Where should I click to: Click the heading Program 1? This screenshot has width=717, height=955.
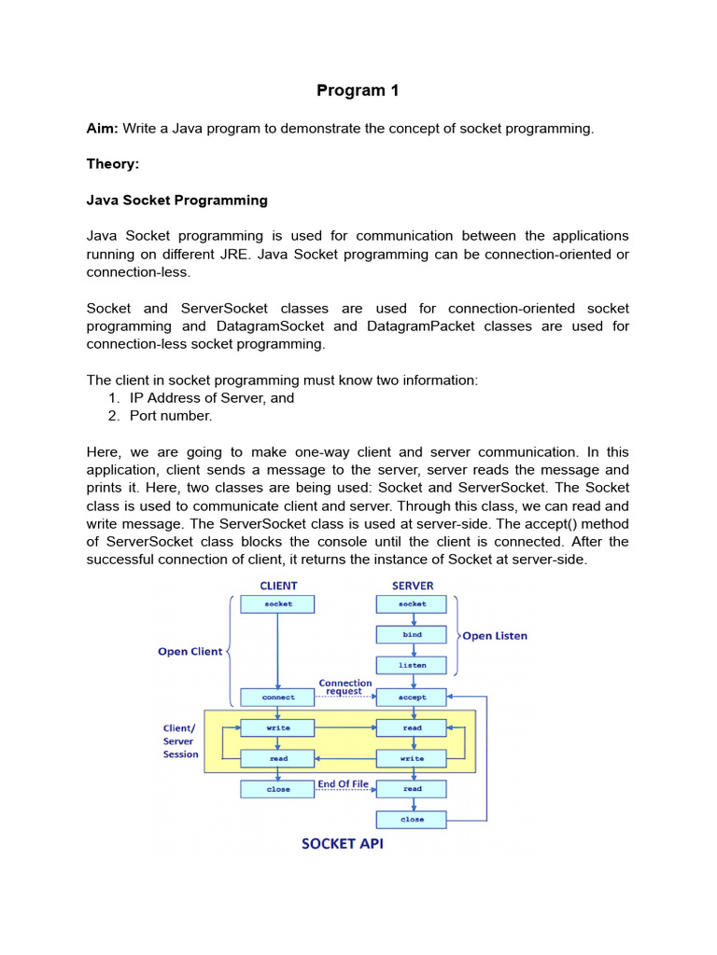351,90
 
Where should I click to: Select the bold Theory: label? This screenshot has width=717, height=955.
112,164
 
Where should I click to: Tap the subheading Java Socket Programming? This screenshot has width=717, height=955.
176,200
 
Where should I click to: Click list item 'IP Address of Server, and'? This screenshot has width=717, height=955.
212,397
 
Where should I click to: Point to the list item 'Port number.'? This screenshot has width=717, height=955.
171,416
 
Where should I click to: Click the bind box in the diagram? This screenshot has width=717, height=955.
412,635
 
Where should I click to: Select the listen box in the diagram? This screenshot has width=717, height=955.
412,666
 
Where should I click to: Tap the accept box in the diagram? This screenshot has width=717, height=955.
412,697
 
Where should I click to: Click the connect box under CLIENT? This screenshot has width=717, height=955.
278,697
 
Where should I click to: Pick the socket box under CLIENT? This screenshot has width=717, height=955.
278,604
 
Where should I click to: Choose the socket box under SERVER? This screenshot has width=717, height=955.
412,604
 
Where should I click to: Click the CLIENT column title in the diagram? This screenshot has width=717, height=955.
278,586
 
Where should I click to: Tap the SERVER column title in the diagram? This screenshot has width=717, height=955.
412,586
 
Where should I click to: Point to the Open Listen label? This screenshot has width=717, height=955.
495,636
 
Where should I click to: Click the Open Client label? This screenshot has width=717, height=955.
190,652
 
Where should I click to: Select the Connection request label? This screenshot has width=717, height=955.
345,687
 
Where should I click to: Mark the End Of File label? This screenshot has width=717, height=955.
343,784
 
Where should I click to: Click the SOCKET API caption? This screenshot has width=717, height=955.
342,844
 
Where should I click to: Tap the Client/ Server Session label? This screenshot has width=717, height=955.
180,741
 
